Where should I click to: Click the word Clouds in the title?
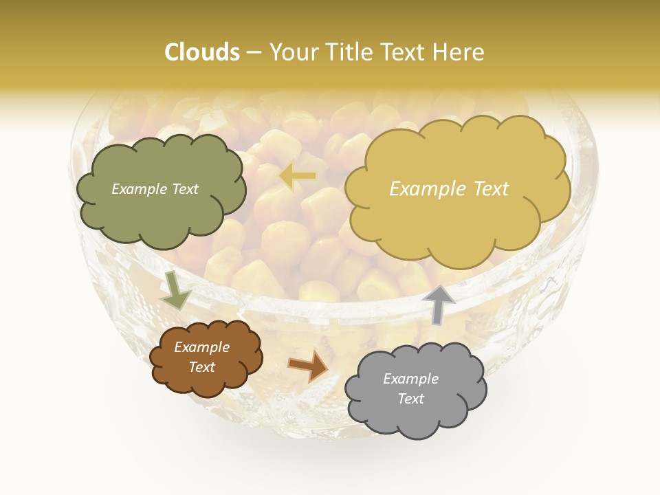[202, 52]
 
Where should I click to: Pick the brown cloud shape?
[206, 357]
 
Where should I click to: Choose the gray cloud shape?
[415, 390]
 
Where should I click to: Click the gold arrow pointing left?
[298, 176]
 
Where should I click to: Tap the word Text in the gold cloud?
[486, 189]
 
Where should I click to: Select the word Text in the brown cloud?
[202, 367]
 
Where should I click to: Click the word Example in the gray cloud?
[410, 379]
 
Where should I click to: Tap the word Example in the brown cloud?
[202, 347]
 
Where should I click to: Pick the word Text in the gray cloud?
[410, 399]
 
